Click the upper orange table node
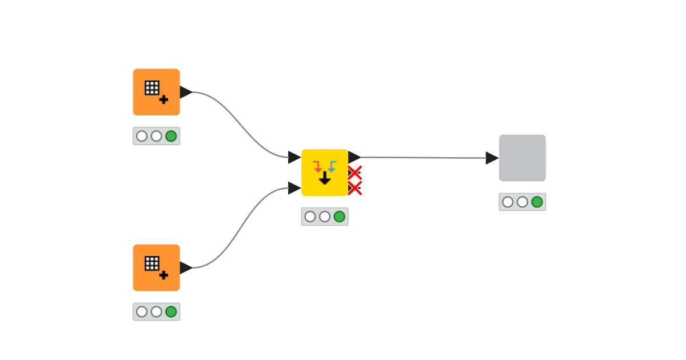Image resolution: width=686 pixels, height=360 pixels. (x=156, y=92)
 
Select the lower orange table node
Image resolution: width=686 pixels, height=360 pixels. (x=156, y=267)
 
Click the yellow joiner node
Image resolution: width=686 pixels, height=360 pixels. (x=324, y=172)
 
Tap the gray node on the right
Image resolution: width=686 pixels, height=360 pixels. (x=522, y=158)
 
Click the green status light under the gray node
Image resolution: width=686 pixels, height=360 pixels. (x=537, y=202)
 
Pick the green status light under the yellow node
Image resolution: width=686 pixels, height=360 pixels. (x=339, y=217)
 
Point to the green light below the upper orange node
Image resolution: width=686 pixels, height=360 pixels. (x=171, y=136)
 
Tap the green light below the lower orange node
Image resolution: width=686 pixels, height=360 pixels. (x=171, y=311)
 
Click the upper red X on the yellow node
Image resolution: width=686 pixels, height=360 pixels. (x=355, y=173)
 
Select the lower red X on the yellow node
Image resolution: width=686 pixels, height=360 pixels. (x=355, y=187)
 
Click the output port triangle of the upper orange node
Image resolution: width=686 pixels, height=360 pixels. (x=185, y=92)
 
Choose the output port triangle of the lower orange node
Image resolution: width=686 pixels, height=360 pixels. (x=185, y=267)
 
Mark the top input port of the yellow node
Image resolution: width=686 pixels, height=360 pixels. (x=294, y=157)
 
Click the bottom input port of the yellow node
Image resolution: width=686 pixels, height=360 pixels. (x=294, y=187)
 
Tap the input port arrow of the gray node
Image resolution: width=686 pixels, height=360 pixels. (x=492, y=158)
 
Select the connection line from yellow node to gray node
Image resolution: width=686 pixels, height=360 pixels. (x=423, y=157)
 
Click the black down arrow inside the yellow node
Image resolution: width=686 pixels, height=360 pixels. (x=325, y=178)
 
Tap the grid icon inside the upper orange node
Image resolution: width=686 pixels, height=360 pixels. (x=151, y=87)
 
